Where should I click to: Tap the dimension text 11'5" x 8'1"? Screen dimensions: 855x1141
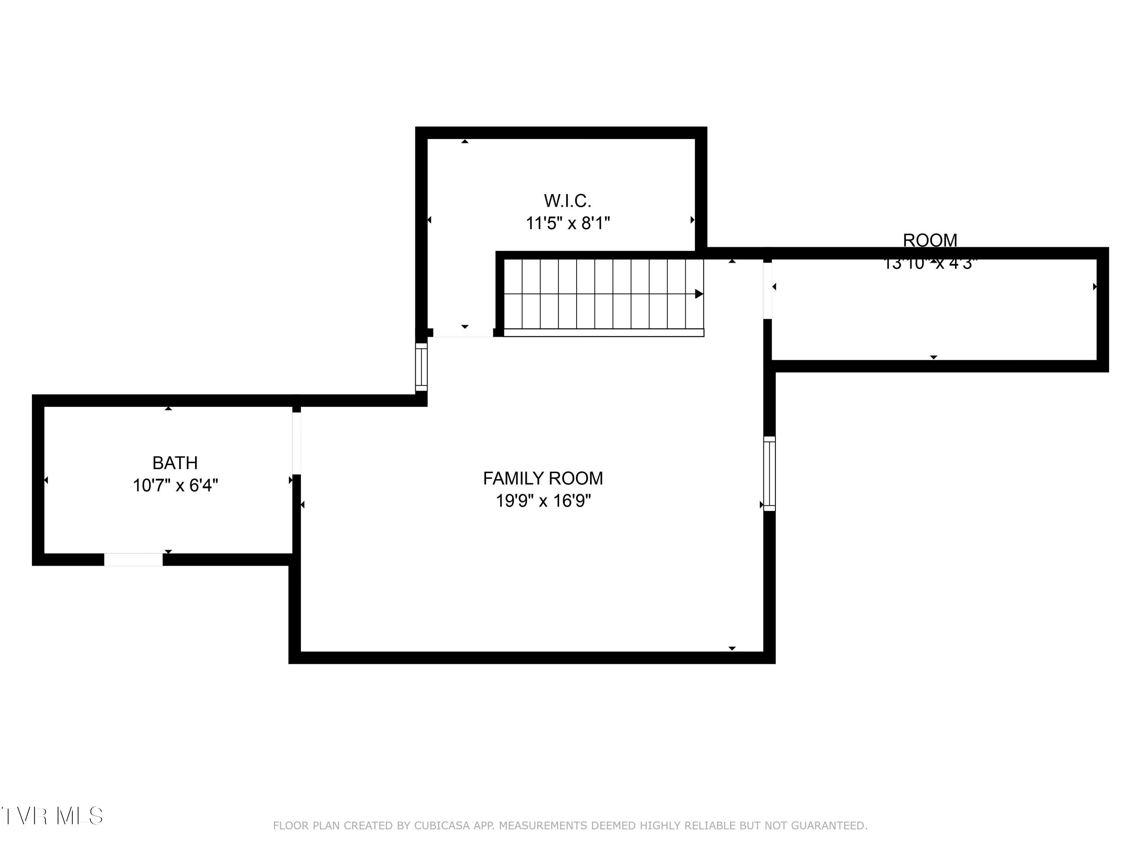point(567,223)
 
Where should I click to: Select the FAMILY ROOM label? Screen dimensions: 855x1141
point(543,478)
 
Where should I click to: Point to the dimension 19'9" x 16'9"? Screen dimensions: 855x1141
point(543,500)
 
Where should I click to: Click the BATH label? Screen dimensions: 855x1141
point(175,463)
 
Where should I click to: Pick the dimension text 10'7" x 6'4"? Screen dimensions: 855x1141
point(175,486)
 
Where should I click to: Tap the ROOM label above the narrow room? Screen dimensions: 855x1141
point(930,240)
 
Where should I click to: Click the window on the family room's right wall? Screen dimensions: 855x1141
point(769,473)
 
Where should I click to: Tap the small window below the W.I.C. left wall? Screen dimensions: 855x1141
point(421,367)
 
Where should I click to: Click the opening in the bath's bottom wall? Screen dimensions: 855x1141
point(133,560)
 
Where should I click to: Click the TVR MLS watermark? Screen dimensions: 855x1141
point(52,816)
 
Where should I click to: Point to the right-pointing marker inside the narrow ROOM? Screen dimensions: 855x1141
point(1094,287)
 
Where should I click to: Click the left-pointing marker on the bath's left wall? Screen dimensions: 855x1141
point(46,480)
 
